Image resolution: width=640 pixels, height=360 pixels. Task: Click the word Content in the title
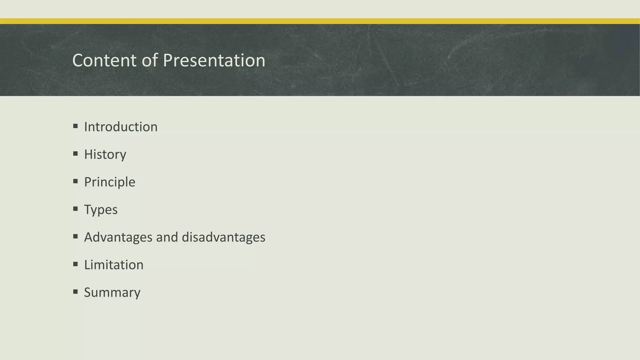(x=104, y=60)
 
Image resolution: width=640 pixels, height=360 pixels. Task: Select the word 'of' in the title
(x=150, y=60)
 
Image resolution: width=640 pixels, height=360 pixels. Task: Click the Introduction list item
(x=121, y=127)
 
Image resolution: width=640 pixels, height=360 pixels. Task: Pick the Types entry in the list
(x=101, y=210)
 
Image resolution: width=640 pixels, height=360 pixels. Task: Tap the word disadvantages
(x=223, y=237)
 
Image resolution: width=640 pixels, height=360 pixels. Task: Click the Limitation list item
(x=114, y=265)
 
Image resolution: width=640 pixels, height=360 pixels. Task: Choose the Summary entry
(x=112, y=292)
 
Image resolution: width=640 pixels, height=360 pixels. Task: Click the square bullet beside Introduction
(x=75, y=126)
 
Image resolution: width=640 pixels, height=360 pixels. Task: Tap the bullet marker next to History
(x=75, y=154)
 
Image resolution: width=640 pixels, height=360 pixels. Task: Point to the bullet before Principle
(x=75, y=181)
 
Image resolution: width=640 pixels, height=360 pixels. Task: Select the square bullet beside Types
(x=75, y=209)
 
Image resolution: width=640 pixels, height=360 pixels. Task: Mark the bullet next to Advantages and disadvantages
(x=75, y=237)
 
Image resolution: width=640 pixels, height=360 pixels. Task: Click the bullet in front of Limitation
(x=75, y=264)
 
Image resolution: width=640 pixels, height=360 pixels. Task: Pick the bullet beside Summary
(x=75, y=292)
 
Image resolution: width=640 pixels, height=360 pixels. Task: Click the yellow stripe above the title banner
(x=320, y=21)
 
